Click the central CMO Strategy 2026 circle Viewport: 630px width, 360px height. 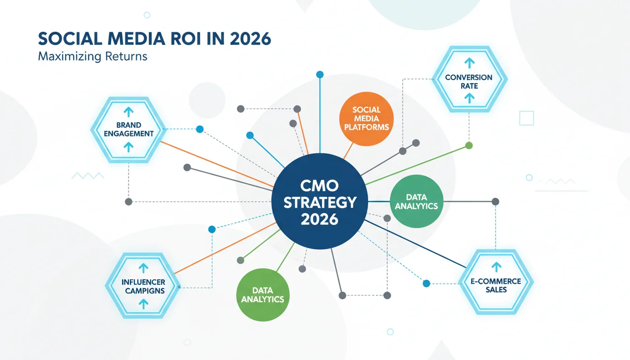[320, 202]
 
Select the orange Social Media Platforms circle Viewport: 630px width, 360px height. [367, 119]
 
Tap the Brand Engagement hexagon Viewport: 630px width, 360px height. [128, 130]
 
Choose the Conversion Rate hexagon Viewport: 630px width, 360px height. [469, 79]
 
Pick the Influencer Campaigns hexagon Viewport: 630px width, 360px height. [143, 286]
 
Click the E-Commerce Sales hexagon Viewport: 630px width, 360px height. [496, 282]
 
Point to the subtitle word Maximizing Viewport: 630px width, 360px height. [69, 57]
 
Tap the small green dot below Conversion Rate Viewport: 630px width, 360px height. [469, 146]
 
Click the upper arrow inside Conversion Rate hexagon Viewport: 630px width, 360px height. [469, 63]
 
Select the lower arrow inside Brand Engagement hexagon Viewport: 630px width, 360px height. [128, 147]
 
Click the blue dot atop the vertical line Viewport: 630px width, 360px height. [320, 75]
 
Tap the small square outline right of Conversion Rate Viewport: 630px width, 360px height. [526, 118]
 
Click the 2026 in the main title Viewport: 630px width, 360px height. [250, 39]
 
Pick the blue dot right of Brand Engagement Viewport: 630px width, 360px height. [200, 129]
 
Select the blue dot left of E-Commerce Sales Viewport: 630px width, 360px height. [427, 284]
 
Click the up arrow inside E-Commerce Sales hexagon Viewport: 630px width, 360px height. [496, 267]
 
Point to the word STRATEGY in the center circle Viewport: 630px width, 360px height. [320, 202]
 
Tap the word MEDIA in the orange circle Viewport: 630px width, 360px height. [367, 119]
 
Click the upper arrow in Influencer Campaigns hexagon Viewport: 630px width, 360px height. [143, 268]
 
